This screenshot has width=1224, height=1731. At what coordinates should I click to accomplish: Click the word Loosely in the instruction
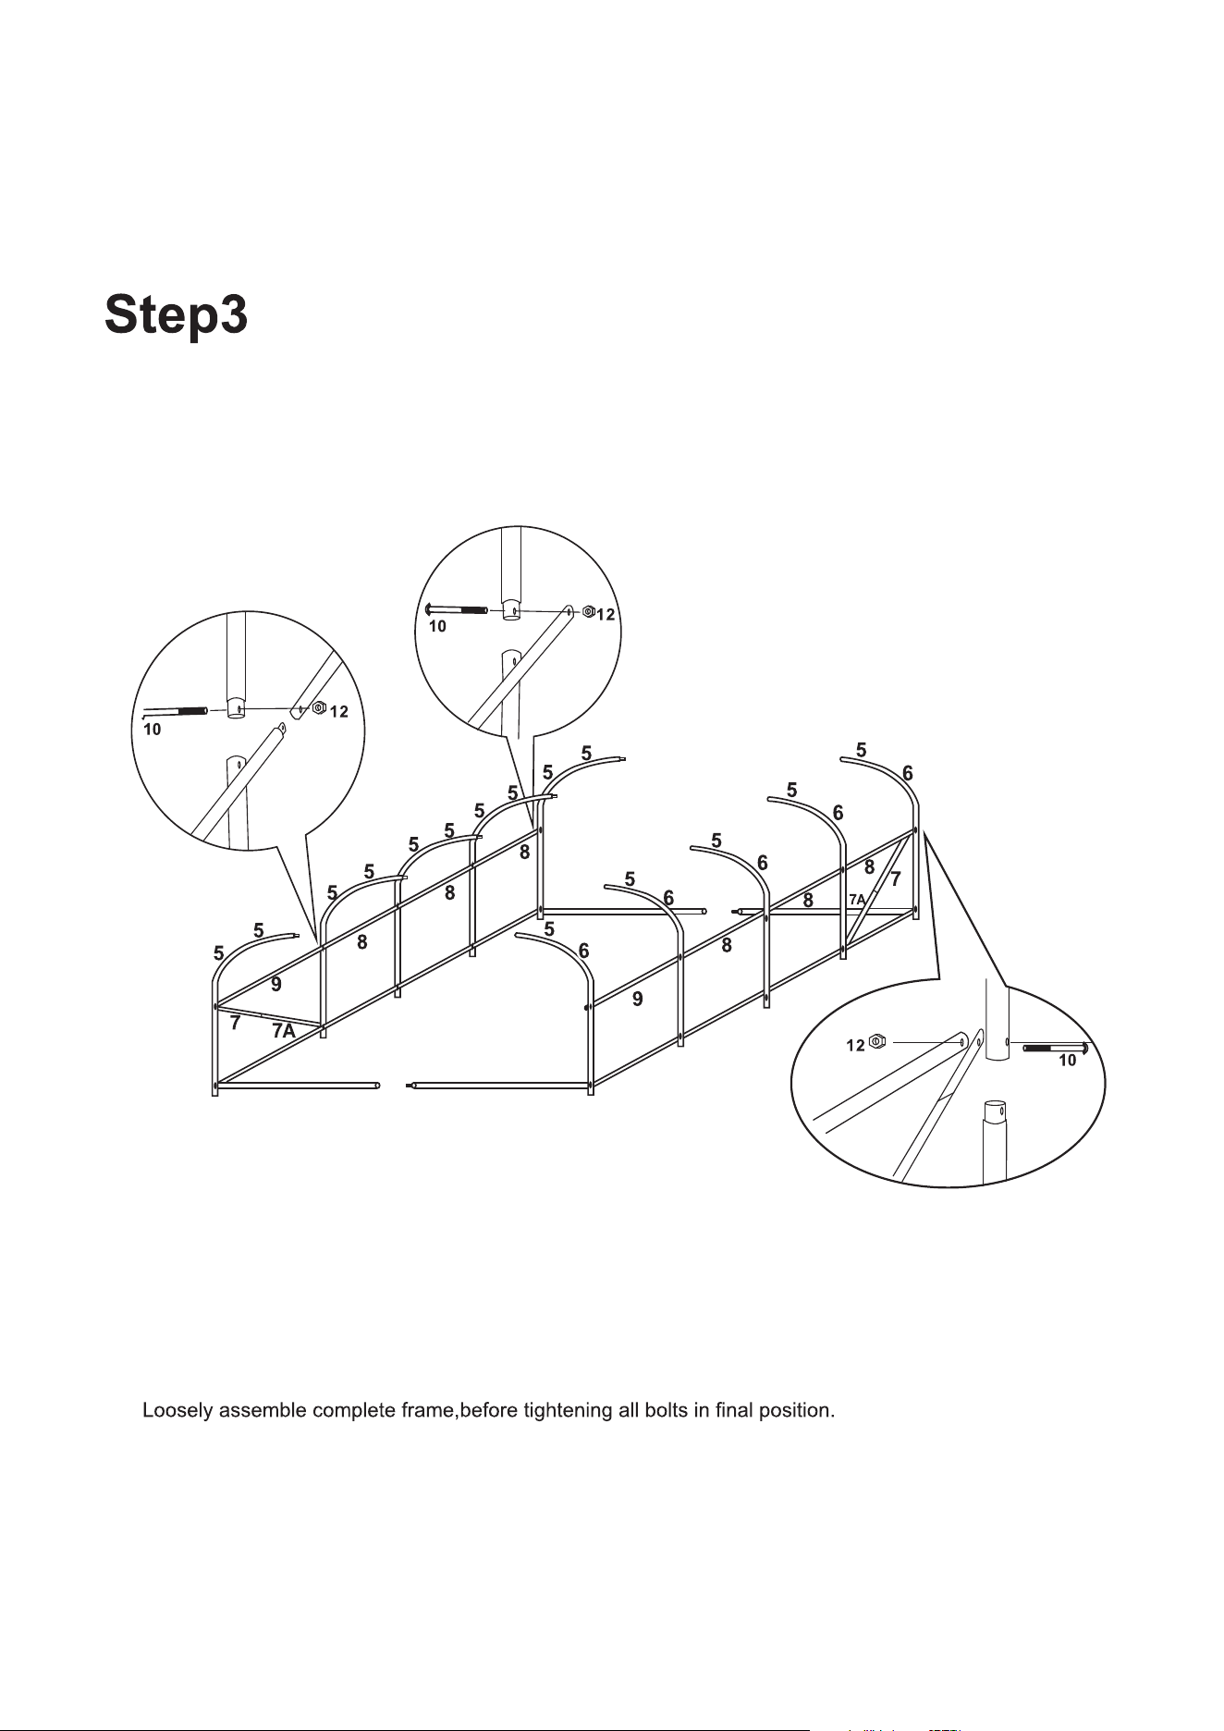click(x=177, y=1412)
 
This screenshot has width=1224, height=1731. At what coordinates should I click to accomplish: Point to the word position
click(x=796, y=1412)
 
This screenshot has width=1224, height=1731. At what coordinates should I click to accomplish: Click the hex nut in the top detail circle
click(x=587, y=611)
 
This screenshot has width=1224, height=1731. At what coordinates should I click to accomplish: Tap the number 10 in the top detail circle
click(x=437, y=627)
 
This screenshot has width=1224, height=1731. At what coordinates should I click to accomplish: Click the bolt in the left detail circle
click(x=175, y=711)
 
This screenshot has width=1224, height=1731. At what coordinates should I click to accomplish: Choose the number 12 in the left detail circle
click(x=339, y=712)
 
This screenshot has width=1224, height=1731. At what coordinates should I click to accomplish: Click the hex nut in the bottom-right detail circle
click(x=878, y=1042)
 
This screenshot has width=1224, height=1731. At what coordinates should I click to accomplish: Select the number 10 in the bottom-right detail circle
click(x=1068, y=1062)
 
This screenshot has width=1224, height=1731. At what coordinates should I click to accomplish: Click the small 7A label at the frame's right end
click(x=857, y=900)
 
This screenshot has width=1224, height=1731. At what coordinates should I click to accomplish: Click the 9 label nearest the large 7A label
click(x=276, y=986)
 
